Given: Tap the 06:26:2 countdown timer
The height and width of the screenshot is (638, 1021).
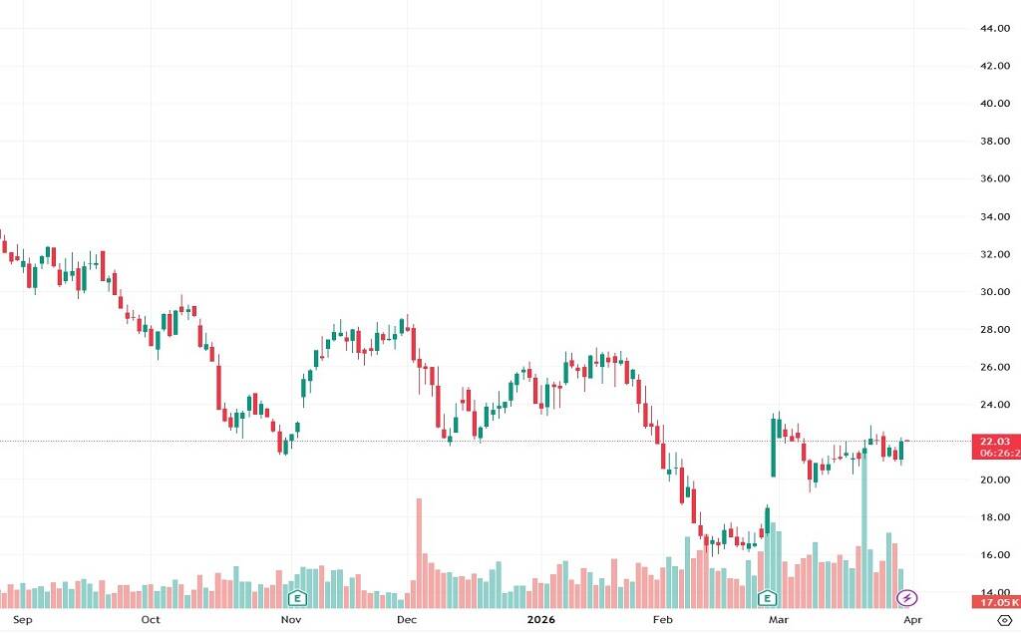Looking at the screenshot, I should tap(998, 454).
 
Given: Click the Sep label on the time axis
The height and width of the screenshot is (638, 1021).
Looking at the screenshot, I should tap(25, 620).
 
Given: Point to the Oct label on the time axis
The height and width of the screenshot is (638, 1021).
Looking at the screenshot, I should tap(151, 620).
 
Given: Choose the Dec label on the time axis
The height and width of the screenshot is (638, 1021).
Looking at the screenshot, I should tap(406, 620).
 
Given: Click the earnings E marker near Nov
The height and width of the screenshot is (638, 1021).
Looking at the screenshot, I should tap(296, 598).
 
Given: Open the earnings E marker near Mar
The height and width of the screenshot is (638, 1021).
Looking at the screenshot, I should tap(768, 598).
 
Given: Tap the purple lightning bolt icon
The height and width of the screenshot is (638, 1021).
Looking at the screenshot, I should tap(906, 598).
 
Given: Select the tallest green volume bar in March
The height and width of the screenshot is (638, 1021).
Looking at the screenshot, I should tap(864, 528).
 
